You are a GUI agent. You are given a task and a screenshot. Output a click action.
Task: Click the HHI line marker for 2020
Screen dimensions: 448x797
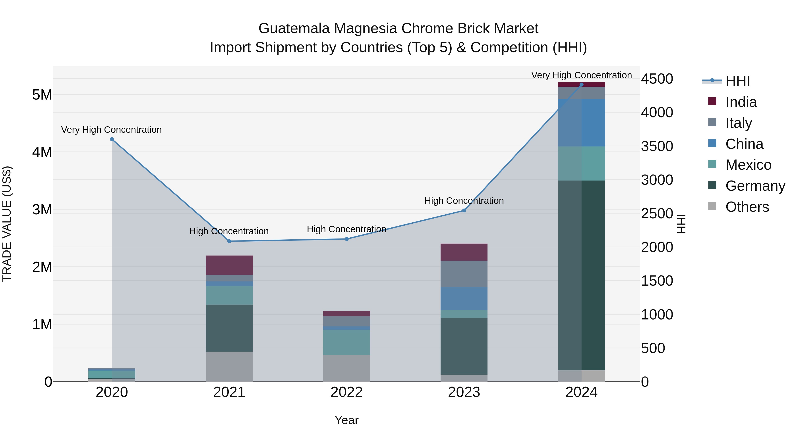tap(112, 139)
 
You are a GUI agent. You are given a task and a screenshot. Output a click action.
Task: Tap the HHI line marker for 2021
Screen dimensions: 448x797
tap(229, 241)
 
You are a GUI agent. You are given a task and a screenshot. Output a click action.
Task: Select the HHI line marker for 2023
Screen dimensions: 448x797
tap(464, 211)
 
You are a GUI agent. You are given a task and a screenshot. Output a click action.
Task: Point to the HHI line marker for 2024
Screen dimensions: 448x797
tap(581, 85)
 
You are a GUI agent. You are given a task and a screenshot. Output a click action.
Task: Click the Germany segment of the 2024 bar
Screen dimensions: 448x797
tap(581, 275)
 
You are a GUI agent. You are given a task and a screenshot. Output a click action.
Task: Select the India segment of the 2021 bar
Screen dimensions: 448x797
tap(229, 265)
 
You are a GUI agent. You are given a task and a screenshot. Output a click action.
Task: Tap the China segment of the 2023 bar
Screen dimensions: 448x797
tap(464, 298)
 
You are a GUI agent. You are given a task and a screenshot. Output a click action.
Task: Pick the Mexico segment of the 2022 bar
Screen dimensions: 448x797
tap(346, 342)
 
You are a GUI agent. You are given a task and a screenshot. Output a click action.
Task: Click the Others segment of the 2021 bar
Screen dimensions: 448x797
tap(229, 367)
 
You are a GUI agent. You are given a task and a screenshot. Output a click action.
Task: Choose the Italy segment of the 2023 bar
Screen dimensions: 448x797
tap(464, 274)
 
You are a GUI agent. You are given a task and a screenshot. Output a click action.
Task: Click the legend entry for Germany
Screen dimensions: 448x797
tap(755, 186)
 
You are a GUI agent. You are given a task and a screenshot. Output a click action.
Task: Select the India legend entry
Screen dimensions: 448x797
tap(741, 102)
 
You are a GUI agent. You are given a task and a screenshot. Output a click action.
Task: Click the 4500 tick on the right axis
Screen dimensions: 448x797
tap(657, 79)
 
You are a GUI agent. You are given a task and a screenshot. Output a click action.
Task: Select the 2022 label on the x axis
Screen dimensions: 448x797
tap(346, 392)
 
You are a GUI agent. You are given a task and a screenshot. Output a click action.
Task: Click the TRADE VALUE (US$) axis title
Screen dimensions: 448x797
tap(7, 224)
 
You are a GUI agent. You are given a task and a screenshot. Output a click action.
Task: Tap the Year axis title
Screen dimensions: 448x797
tap(346, 420)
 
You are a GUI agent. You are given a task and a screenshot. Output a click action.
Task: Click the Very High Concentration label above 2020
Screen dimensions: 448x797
tap(111, 130)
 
